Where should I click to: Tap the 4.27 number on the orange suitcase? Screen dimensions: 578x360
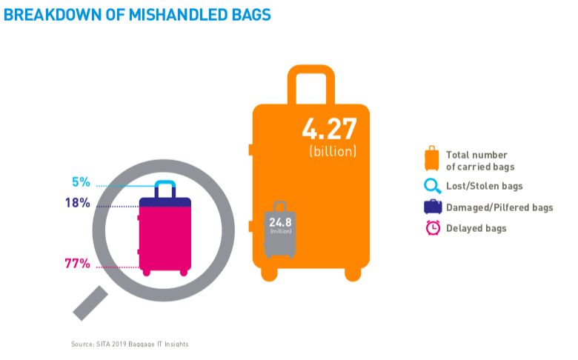[x=330, y=129]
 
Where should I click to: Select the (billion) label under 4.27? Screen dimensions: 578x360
[x=333, y=151]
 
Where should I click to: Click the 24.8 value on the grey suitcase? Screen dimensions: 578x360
[x=280, y=222]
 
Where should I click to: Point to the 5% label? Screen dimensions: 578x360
[x=81, y=182]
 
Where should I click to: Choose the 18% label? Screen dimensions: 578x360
[x=78, y=203]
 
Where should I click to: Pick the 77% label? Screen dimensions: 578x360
[x=77, y=264]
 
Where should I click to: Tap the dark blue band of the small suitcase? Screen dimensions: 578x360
[x=165, y=202]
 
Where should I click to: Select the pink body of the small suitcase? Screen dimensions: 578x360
[x=165, y=239]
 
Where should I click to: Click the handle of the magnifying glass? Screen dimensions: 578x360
[x=90, y=303]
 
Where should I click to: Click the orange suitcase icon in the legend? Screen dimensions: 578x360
[x=432, y=159]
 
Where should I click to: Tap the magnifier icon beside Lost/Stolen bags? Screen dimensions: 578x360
[x=433, y=186]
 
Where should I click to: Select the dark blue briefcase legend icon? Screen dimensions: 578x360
[x=433, y=207]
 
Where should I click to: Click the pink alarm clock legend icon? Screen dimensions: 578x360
[x=433, y=227]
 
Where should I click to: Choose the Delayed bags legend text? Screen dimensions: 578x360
[x=476, y=228]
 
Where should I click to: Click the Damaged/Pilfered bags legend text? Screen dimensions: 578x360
[x=499, y=207]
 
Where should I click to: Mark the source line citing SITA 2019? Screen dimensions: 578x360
[x=130, y=344]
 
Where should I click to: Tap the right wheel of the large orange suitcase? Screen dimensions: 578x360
[x=353, y=274]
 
